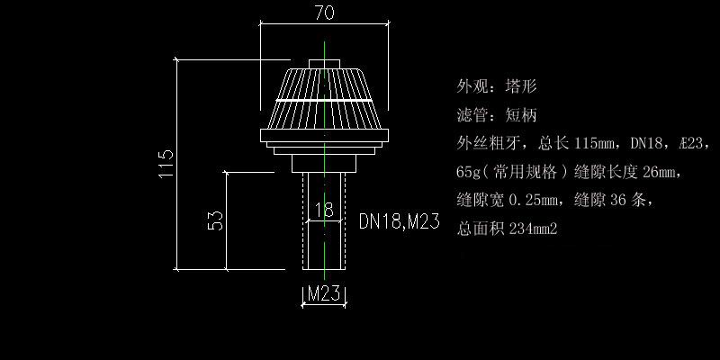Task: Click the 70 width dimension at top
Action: [x=324, y=13]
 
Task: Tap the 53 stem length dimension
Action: [x=216, y=220]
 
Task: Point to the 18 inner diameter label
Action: [x=324, y=210]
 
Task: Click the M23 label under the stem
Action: [x=323, y=293]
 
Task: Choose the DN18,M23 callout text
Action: [x=399, y=221]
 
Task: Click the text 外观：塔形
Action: [x=497, y=87]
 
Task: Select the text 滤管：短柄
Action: [x=497, y=115]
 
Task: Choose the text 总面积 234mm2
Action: [x=508, y=229]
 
